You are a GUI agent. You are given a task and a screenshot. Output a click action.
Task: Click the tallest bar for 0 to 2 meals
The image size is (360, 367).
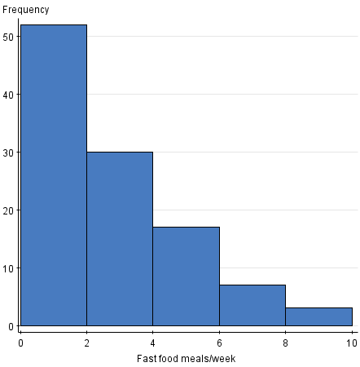53,175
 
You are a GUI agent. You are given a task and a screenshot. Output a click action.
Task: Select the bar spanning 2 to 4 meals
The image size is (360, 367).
120,239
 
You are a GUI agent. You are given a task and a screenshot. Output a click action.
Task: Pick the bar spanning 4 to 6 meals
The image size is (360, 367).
186,276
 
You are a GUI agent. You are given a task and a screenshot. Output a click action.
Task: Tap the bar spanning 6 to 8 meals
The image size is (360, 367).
252,306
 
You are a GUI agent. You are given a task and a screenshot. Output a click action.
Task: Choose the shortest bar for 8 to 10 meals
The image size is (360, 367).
318,317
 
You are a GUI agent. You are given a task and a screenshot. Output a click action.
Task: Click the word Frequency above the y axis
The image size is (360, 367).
26,10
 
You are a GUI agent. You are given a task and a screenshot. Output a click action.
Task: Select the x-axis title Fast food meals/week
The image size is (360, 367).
187,359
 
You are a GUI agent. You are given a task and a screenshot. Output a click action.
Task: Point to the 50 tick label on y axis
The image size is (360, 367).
8,37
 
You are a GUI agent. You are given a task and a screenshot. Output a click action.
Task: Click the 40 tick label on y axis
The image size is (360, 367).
8,95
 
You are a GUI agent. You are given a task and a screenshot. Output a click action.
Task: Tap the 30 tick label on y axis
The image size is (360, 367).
8,153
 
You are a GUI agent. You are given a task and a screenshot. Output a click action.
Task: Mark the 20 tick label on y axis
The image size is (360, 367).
8,210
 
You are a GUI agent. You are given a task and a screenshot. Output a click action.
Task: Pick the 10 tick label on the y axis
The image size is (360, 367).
8,268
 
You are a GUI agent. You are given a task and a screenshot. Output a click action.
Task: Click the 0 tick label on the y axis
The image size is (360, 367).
11,326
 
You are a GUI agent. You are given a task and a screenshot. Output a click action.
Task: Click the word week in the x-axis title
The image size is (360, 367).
222,359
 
